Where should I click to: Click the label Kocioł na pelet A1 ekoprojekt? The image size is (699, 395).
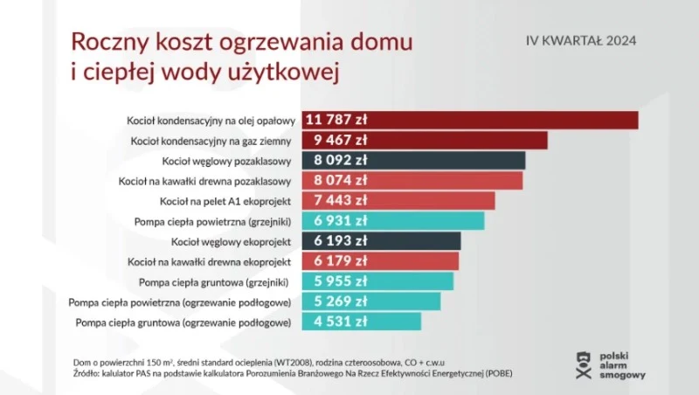[225, 201]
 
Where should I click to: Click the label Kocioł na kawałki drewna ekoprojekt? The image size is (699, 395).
[208, 261]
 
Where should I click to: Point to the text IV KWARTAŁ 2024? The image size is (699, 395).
[580, 40]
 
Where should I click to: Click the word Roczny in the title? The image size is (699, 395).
[106, 41]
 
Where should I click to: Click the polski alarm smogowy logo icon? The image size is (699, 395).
[585, 364]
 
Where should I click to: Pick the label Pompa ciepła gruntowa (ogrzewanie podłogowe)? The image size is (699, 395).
[183, 322]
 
